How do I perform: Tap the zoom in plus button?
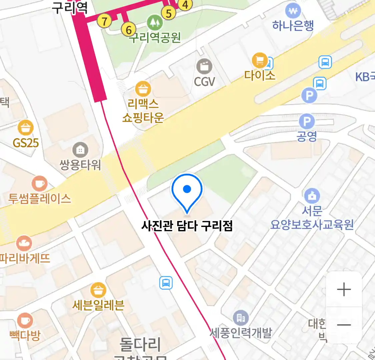coord(344,289)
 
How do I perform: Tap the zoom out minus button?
coord(344,325)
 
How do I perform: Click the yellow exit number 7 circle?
coord(104,21)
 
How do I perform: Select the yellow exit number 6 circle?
coord(129,30)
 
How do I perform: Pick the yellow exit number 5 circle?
coord(169,13)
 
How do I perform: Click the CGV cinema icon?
coord(204,66)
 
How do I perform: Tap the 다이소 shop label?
coord(260,76)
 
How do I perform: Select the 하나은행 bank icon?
coord(293,11)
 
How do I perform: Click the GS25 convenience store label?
coord(26,143)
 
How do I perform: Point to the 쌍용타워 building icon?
coord(80,150)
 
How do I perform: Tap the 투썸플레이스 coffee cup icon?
coord(39,184)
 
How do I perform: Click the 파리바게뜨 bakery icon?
coord(24,244)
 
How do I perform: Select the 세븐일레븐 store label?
coord(98,305)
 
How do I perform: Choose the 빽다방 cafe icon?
coord(25,321)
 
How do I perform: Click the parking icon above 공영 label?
coord(307,121)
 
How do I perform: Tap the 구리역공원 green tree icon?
coord(155,23)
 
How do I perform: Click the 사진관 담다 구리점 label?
coord(187,226)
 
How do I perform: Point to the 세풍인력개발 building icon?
coord(241,318)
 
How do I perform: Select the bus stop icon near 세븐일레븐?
coord(166,283)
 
